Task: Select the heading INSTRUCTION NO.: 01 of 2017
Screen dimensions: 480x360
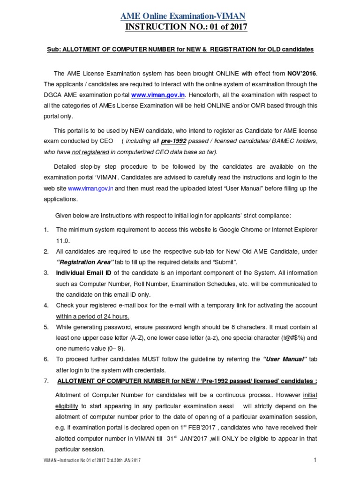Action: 186,27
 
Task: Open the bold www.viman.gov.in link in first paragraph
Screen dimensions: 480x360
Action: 158,95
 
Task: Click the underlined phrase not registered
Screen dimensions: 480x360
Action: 97,152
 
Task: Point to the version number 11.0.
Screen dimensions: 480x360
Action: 63,240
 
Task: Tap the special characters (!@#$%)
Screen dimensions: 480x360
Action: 292,337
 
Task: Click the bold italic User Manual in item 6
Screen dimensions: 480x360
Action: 285,359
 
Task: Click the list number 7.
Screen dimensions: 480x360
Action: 46,381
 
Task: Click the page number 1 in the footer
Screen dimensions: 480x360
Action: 315,460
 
